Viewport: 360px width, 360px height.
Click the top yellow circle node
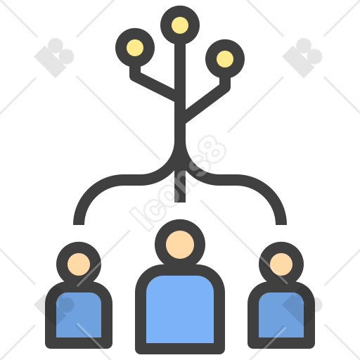coord(180,25)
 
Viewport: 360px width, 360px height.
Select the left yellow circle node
coord(135,48)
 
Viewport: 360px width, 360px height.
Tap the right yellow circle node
coord(225,59)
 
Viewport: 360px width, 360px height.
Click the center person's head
coord(180,245)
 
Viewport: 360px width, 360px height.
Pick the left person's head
coord(79,264)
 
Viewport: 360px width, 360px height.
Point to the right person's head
coord(281,264)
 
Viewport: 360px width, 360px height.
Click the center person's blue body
coord(180,309)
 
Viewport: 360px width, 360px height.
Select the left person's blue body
coord(79,315)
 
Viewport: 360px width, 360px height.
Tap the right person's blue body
coord(281,315)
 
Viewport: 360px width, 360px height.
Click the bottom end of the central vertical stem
coord(180,202)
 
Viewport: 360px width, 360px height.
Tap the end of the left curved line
coord(79,224)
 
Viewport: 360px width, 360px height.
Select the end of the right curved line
coord(281,224)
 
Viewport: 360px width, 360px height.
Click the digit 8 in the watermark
coord(212,150)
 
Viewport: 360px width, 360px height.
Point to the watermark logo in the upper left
coord(54,58)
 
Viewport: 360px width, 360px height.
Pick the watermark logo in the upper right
coord(302,58)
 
